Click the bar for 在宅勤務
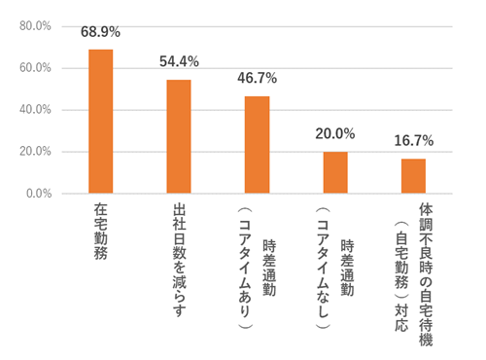[101, 122]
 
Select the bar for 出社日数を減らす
[179, 136]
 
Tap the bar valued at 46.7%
[257, 145]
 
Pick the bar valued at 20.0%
[335, 172]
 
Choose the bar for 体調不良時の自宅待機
[413, 176]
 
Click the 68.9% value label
[101, 34]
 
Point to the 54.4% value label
[179, 62]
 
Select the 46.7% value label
[257, 79]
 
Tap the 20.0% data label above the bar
[335, 134]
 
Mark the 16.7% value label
[413, 141]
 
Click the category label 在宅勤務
[101, 229]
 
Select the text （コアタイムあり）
[247, 271]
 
